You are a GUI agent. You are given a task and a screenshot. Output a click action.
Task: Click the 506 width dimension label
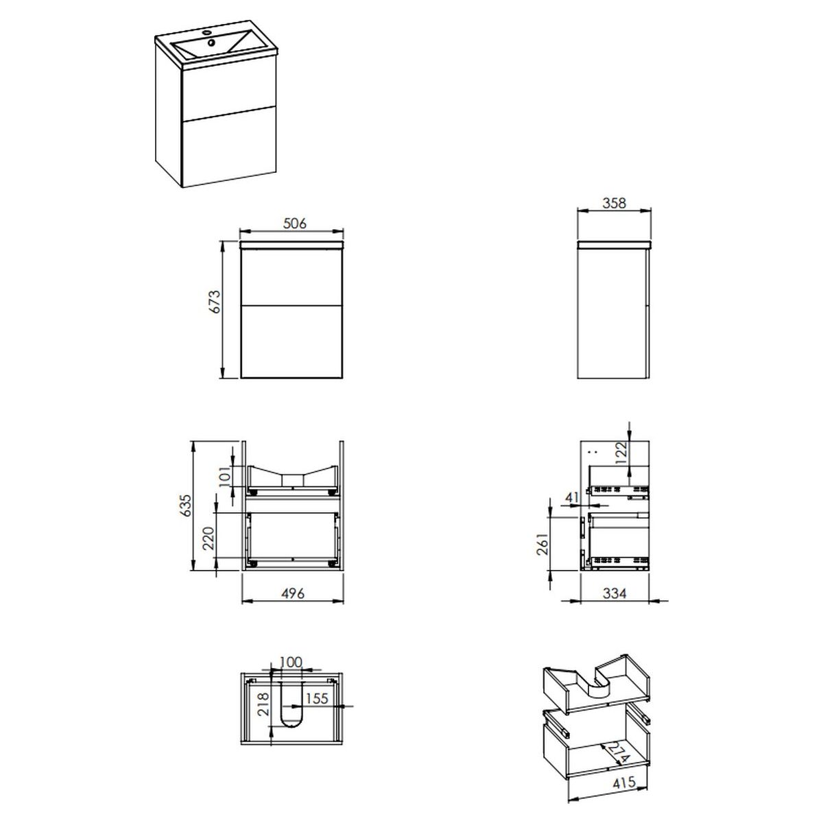point(295,223)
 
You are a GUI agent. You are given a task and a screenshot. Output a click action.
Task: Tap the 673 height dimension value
point(215,302)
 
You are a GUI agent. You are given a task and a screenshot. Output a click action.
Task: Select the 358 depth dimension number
point(614,203)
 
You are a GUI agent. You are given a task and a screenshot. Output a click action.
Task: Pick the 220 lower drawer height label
point(208,538)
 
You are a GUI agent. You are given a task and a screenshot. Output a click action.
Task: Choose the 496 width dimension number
point(293,593)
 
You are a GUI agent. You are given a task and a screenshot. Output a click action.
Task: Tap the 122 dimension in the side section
point(621,453)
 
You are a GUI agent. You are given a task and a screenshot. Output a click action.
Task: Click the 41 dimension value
point(572,497)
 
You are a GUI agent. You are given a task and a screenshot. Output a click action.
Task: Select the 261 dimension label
point(542,544)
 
